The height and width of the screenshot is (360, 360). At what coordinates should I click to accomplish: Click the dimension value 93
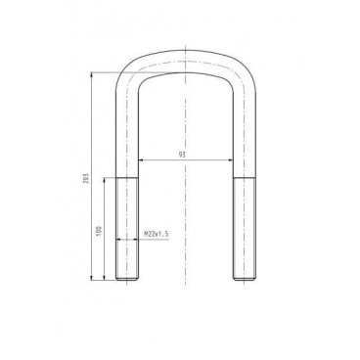point(183,155)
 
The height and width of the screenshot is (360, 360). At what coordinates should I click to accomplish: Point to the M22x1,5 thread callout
point(157,235)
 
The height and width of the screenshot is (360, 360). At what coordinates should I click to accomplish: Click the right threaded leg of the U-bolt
point(242,230)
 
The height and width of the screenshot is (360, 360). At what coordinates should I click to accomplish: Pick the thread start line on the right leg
point(242,178)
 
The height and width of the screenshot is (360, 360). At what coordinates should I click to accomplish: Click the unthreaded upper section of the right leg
point(242,137)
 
